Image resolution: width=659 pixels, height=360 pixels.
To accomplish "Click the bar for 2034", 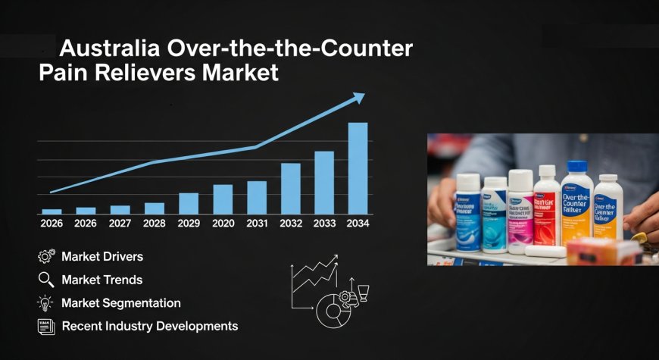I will pyautogui.click(x=358, y=168).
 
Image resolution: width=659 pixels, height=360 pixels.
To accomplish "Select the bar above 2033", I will pyautogui.click(x=324, y=183).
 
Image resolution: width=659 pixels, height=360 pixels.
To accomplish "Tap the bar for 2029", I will pyautogui.click(x=189, y=203).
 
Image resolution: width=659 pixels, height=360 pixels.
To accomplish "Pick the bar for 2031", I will pyautogui.click(x=257, y=197).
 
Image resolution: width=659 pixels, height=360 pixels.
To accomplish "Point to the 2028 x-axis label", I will pyautogui.click(x=155, y=224).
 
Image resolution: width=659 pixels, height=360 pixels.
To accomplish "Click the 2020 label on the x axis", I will pyautogui.click(x=223, y=224).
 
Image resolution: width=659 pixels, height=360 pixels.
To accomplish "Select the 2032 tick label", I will pyautogui.click(x=291, y=224).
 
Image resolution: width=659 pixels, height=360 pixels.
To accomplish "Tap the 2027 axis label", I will pyautogui.click(x=120, y=224).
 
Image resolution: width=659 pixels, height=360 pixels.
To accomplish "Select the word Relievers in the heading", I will pyautogui.click(x=142, y=74).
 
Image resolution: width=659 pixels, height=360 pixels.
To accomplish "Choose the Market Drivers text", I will pyautogui.click(x=102, y=257).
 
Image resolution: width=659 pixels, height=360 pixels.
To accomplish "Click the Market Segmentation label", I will pyautogui.click(x=121, y=303).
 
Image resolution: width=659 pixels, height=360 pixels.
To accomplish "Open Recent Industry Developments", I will pyautogui.click(x=150, y=326).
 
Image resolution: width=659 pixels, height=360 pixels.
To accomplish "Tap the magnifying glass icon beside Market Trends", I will pyautogui.click(x=45, y=280).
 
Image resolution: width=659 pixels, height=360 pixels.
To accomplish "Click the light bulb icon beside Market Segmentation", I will pyautogui.click(x=45, y=303).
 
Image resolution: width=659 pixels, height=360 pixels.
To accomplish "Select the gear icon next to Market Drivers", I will pyautogui.click(x=45, y=257).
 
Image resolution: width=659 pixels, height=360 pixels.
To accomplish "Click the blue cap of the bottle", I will pyautogui.click(x=577, y=167).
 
